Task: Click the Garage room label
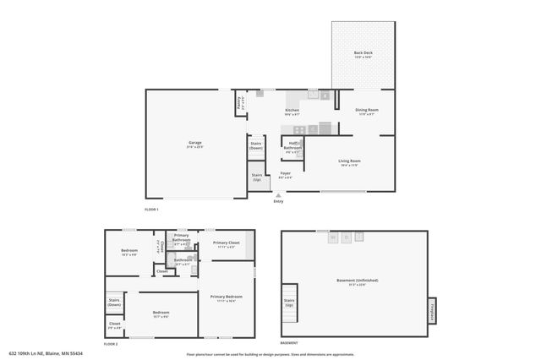[194, 144]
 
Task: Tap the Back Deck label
[363, 54]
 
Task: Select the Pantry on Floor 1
[240, 105]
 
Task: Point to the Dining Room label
[366, 112]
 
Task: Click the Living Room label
[349, 162]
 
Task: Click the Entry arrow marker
[278, 195]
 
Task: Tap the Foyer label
[286, 175]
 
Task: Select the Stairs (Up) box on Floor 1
[257, 177]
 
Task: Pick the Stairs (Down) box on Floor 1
[256, 145]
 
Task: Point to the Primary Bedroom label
[227, 297]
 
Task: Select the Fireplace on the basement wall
[431, 310]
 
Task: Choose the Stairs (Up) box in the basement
[289, 303]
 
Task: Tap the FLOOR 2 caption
[111, 344]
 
